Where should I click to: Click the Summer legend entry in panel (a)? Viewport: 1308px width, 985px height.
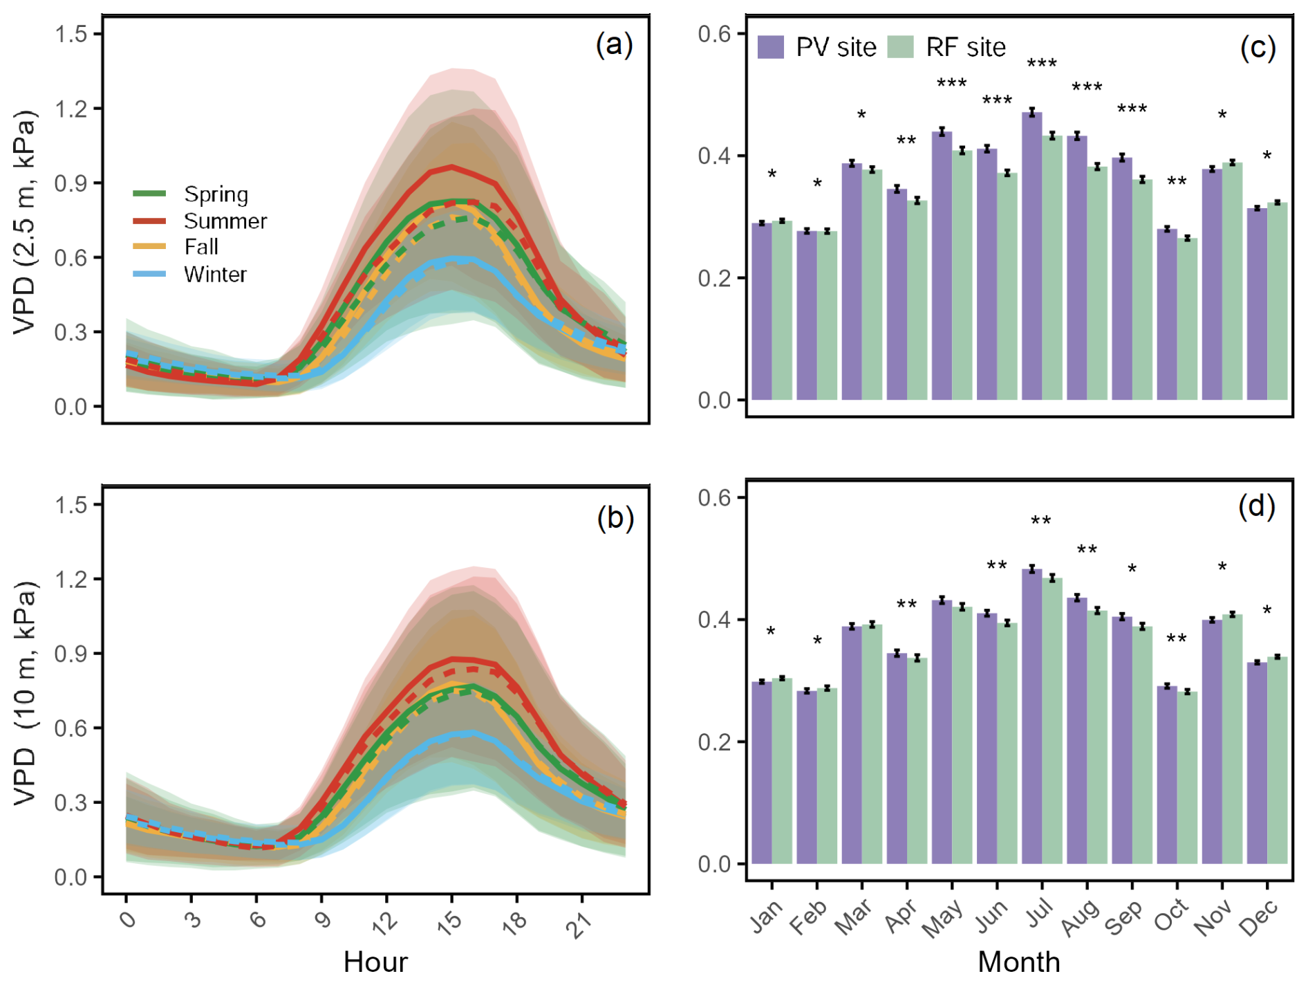[225, 221]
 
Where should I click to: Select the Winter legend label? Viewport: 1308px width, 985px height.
[215, 275]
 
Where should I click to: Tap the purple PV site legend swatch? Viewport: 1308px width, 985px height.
[771, 47]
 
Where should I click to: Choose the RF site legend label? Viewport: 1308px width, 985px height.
[966, 47]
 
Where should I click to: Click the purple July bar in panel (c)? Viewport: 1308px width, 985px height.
[1031, 256]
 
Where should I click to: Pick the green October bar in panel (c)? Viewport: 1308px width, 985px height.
[1187, 319]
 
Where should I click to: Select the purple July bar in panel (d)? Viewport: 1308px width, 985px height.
[1031, 716]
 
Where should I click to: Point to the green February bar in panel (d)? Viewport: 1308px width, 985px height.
[827, 775]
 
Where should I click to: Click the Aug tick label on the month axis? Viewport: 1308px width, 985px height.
[1080, 917]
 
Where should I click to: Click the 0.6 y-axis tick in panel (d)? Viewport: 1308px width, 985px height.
[714, 497]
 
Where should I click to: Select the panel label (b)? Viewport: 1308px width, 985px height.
[615, 517]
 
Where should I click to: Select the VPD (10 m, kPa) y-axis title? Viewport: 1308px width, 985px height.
[26, 692]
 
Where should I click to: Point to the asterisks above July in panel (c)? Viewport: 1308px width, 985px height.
[1041, 64]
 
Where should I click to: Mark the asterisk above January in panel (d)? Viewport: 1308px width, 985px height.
[771, 632]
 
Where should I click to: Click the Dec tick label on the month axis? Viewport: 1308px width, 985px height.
[1258, 919]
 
